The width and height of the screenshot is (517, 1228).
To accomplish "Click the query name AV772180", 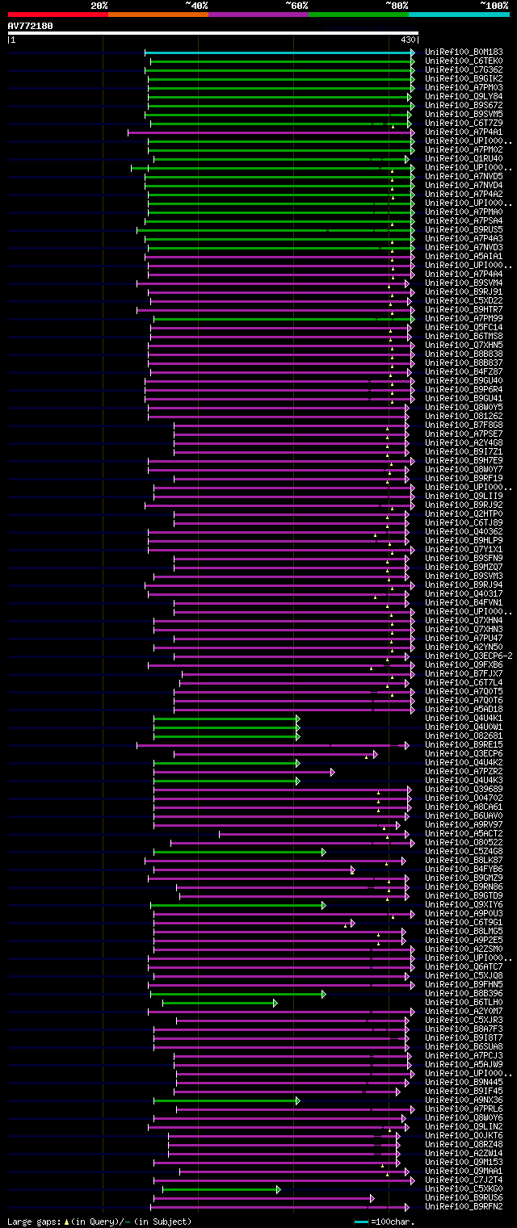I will coord(31,26).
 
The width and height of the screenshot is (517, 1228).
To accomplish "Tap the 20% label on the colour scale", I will coord(99,6).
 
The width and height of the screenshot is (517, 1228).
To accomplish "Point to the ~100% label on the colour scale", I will coord(494,6).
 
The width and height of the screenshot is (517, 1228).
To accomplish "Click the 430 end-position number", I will coord(407,40).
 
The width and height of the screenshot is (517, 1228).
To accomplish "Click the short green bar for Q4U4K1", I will coord(225,718).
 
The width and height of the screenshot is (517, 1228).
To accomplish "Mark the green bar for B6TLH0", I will coord(219,1003).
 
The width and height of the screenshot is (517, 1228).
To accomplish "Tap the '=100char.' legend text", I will coord(390,1222).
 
